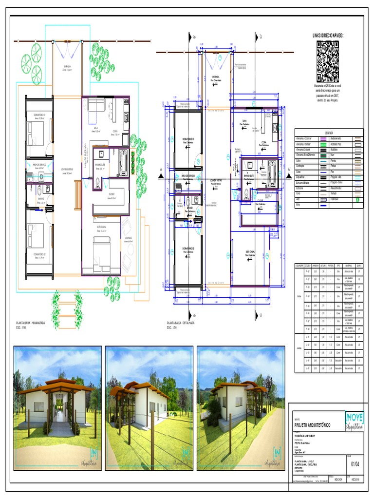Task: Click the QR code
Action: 328,61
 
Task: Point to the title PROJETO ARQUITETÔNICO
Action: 312,425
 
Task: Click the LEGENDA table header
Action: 329,133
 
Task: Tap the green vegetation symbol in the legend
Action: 358,199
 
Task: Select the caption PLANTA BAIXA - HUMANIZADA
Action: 31,323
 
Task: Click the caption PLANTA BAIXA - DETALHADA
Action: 181,323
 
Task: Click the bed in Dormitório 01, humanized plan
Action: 35,133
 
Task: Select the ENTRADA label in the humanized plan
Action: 67,67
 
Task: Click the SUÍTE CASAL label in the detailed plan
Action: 251,252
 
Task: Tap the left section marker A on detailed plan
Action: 160,170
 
